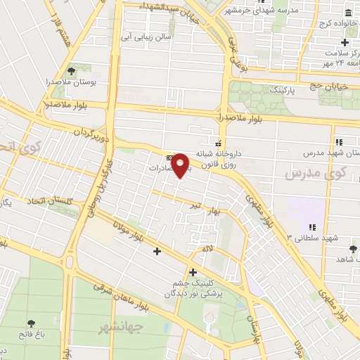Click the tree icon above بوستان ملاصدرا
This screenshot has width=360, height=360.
click(x=71, y=70)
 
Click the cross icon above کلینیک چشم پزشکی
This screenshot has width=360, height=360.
click(x=193, y=272)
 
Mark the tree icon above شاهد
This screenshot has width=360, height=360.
click(x=352, y=249)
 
